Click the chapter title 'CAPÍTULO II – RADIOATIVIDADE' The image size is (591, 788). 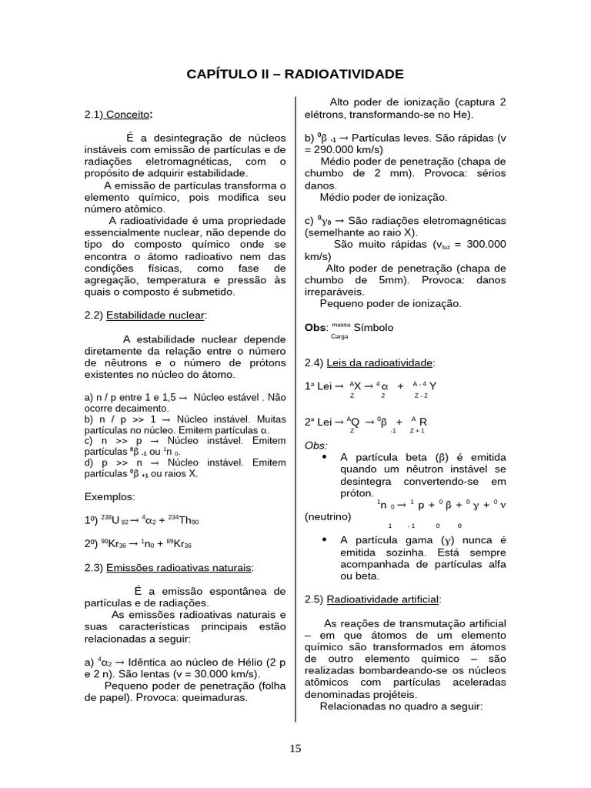click(295, 74)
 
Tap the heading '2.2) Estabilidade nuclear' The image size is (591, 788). click(145, 315)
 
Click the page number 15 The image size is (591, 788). click(295, 749)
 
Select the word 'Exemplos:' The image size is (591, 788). click(109, 496)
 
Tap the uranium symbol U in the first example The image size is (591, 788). click(115, 521)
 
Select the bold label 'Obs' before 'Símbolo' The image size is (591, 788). click(316, 327)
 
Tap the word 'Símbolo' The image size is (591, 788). click(373, 327)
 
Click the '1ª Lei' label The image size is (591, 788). click(319, 386)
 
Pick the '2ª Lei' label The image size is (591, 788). click(319, 422)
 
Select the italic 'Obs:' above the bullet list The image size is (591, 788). click(316, 445)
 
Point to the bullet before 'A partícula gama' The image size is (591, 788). click(324, 539)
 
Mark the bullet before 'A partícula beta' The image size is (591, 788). click(324, 456)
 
